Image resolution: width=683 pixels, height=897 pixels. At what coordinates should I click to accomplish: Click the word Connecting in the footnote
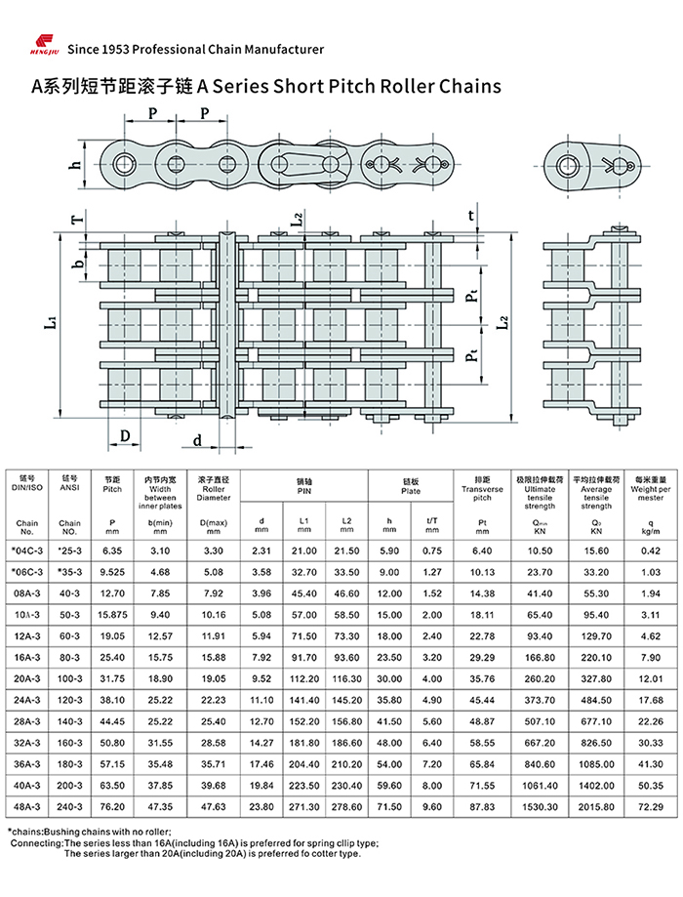pyautogui.click(x=36, y=842)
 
